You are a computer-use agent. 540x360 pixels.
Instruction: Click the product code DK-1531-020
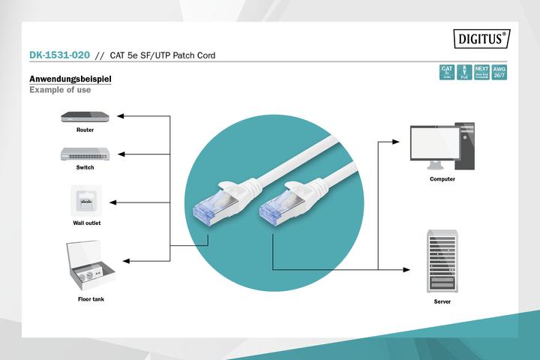(59, 55)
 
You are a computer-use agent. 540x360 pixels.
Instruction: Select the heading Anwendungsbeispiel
(70, 79)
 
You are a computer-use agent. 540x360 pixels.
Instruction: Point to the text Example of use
(60, 90)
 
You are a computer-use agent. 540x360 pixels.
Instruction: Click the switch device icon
(85, 154)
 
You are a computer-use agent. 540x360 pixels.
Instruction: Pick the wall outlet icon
(86, 201)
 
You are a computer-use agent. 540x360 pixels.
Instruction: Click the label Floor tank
(91, 299)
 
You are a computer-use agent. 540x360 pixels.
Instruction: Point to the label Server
(442, 301)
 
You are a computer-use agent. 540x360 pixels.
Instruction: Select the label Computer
(442, 179)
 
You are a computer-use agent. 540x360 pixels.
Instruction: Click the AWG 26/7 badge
(499, 73)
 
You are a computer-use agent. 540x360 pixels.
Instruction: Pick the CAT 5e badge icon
(447, 73)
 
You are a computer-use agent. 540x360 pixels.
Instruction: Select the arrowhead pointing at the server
(409, 269)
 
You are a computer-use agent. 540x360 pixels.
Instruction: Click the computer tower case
(466, 147)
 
